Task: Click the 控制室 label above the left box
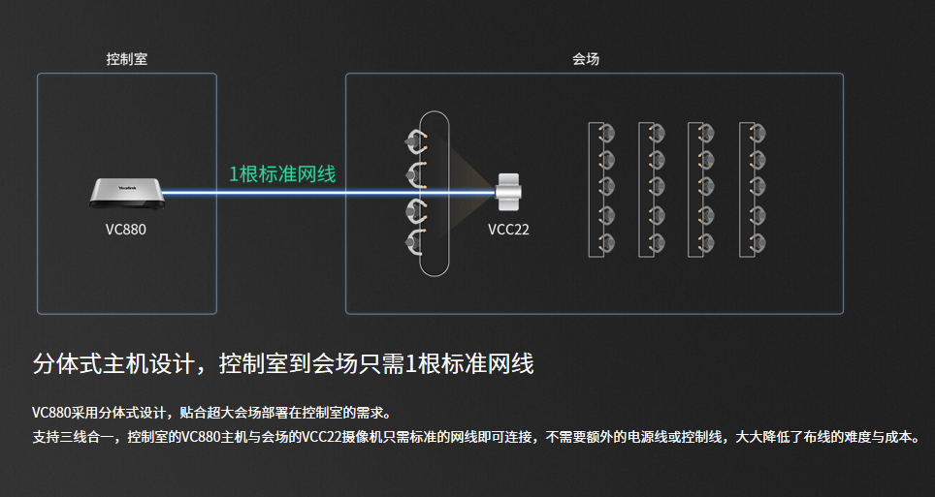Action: coord(127,59)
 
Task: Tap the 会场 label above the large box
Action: coord(585,59)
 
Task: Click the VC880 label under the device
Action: coord(126,231)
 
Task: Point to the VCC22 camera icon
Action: coord(509,191)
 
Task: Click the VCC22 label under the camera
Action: coord(509,230)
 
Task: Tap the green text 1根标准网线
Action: coord(282,174)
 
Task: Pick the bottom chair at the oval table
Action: coord(416,241)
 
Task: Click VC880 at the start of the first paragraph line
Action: coord(52,412)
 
